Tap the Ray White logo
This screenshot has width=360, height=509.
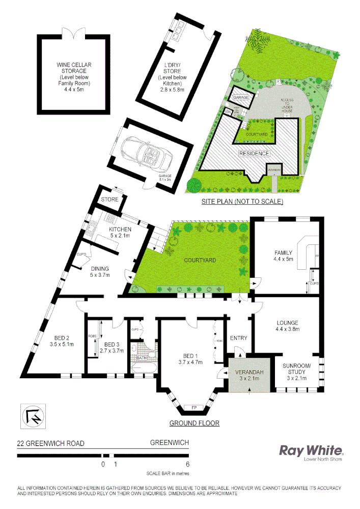tap(311, 450)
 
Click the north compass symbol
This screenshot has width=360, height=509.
tap(32, 415)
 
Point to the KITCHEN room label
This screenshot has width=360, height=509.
tap(120, 229)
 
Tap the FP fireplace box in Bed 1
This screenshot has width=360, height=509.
tap(193, 408)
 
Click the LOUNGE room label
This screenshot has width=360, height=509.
tap(287, 323)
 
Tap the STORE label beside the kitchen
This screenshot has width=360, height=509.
tap(109, 200)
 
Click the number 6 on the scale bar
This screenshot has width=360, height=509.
tap(188, 464)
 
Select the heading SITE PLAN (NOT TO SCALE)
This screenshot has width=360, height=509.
tap(242, 202)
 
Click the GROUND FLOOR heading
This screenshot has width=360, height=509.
tap(194, 423)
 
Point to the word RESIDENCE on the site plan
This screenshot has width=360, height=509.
tap(255, 153)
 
